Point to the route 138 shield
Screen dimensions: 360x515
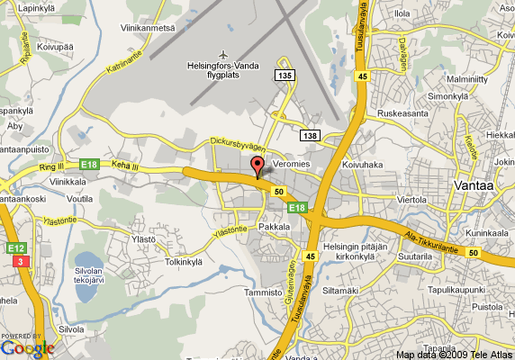point(311,135)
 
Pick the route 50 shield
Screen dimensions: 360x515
point(280,191)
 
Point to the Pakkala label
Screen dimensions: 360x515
point(275,229)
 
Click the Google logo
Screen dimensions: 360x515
point(27,346)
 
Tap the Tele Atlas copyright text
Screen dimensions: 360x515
point(455,354)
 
